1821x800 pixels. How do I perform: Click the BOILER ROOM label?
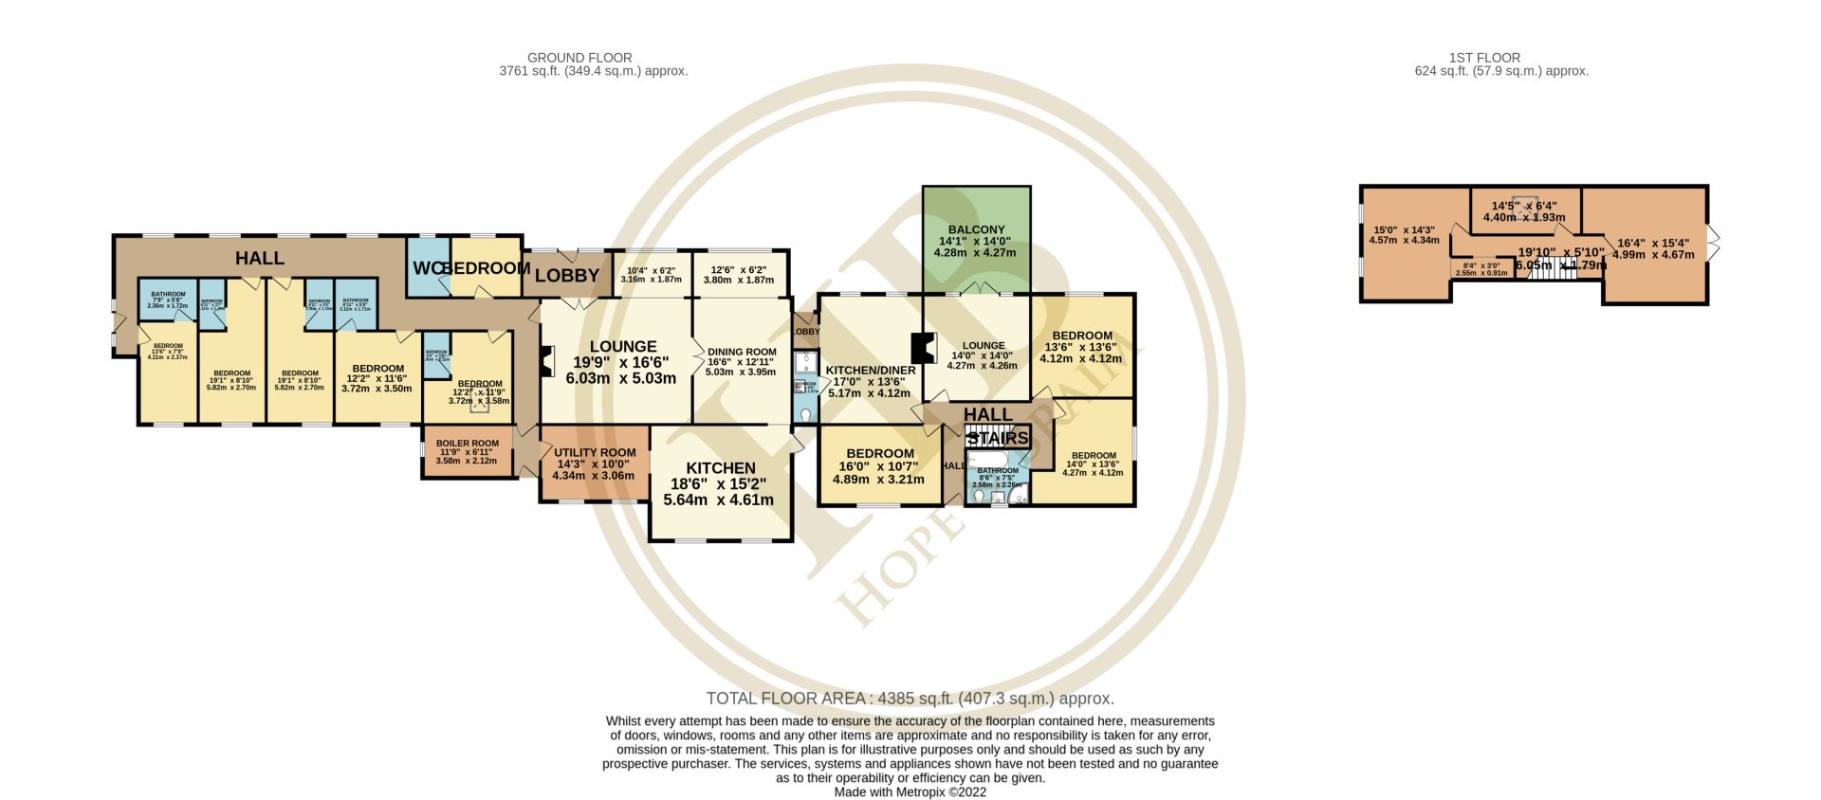(467, 444)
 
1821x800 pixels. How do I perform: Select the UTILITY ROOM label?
(595, 453)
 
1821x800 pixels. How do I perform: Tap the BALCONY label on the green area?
(976, 229)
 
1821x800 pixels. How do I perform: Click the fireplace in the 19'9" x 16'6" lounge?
(545, 362)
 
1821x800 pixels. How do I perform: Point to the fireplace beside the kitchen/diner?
(916, 348)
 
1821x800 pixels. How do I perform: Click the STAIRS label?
(998, 438)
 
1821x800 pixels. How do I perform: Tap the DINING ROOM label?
(742, 353)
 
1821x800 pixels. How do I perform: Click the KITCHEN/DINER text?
(870, 371)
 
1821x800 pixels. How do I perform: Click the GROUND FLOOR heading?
(579, 58)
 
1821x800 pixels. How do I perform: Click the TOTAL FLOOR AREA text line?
(910, 699)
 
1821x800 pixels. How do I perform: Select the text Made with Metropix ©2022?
(910, 791)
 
